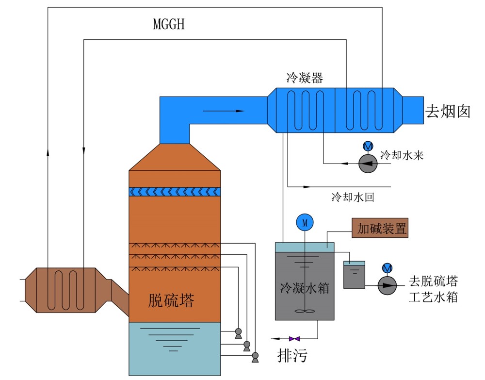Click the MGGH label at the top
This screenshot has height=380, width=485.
click(x=169, y=24)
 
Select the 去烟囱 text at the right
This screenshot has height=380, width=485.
click(x=448, y=111)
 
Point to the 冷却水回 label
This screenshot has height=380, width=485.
click(x=353, y=198)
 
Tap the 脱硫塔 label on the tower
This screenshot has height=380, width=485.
click(x=171, y=301)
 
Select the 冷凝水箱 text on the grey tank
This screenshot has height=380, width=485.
click(x=305, y=288)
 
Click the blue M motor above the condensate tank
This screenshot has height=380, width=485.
click(x=305, y=223)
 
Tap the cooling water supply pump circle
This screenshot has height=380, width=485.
click(x=367, y=164)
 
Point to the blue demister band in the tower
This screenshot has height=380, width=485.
click(x=175, y=192)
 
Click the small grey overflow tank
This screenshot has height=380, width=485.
click(x=354, y=275)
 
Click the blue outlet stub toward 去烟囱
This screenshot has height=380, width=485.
click(x=413, y=110)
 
